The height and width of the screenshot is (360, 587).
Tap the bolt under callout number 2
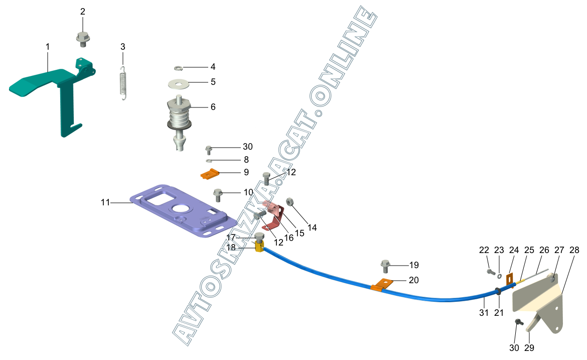pyautogui.click(x=83, y=39)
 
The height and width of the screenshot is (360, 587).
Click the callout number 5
pyautogui.click(x=213, y=82)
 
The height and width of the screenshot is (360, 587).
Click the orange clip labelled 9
pyautogui.click(x=210, y=174)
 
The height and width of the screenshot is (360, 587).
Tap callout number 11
pyautogui.click(x=105, y=202)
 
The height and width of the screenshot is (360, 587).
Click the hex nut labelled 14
pyautogui.click(x=289, y=202)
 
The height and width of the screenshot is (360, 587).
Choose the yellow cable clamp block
pyautogui.click(x=259, y=247)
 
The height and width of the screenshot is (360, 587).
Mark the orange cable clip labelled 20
pyautogui.click(x=382, y=285)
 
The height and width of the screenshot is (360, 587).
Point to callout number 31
pyautogui.click(x=484, y=312)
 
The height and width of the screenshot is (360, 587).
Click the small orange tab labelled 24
pyautogui.click(x=510, y=280)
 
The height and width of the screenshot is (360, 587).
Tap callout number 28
pyautogui.click(x=574, y=250)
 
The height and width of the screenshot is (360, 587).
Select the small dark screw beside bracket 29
pyautogui.click(x=518, y=322)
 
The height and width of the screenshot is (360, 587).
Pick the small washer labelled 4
pyautogui.click(x=178, y=68)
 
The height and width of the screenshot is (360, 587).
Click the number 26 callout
pyautogui.click(x=544, y=250)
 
